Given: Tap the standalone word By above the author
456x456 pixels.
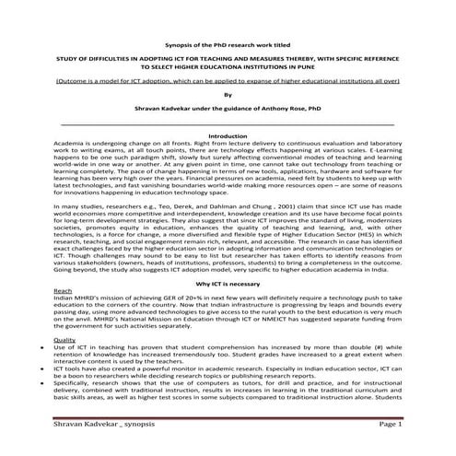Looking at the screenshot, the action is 228,93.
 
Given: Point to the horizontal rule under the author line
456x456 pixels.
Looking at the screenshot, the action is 228,123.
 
